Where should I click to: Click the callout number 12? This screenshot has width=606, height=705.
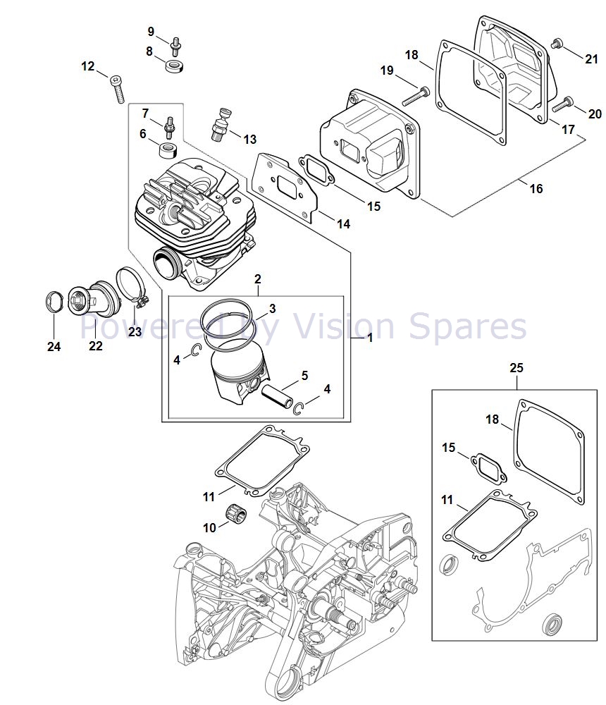pyautogui.click(x=87, y=66)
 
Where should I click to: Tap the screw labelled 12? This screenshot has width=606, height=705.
pyautogui.click(x=117, y=89)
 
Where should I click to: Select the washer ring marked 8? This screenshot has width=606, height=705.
pyautogui.click(x=173, y=67)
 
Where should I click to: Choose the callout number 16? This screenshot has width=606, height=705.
pyautogui.click(x=536, y=188)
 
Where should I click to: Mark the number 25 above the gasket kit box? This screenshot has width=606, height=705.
pyautogui.click(x=517, y=367)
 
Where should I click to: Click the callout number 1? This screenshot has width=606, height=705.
pyautogui.click(x=369, y=338)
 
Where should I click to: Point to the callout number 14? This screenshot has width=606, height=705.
pyautogui.click(x=343, y=223)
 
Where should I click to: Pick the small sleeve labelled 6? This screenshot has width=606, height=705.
pyautogui.click(x=168, y=149)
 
